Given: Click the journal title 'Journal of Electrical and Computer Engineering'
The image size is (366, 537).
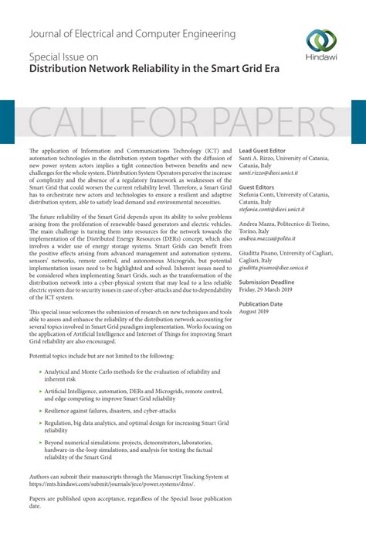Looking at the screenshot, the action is (x=132, y=34).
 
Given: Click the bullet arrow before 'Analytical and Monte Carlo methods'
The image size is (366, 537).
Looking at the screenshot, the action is (x=41, y=372).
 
